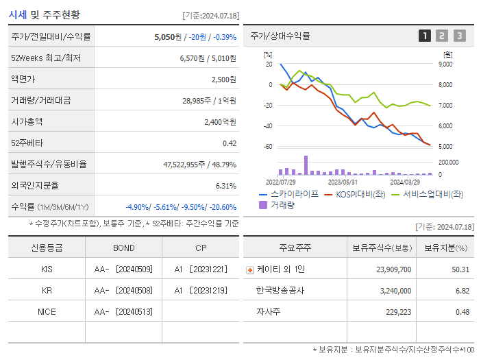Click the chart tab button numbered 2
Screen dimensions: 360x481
point(442,36)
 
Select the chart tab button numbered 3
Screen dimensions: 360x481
point(459,36)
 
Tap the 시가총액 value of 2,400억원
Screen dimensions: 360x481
point(219,122)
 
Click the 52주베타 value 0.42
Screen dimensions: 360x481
point(229,143)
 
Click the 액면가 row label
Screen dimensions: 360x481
point(22,80)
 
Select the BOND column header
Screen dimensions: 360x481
point(123,248)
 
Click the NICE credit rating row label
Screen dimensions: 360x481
point(47,312)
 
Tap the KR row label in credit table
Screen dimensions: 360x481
point(47,291)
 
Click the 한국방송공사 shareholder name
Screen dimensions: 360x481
point(280,291)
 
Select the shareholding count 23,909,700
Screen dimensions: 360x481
point(393,269)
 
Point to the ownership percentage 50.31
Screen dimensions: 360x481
point(460,269)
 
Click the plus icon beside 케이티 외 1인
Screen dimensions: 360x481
point(250,270)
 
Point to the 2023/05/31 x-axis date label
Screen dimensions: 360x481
point(343,182)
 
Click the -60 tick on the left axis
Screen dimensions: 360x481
point(268,147)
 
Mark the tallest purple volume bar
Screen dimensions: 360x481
point(306,165)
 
